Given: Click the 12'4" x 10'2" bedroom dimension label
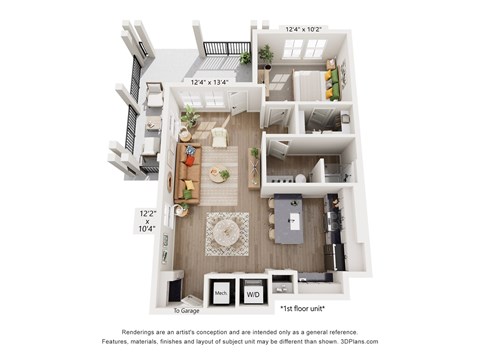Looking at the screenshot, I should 304,29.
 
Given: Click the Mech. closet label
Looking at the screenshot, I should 221,294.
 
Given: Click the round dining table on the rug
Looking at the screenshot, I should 227,231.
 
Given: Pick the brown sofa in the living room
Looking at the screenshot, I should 184,172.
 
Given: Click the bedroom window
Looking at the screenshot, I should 303,47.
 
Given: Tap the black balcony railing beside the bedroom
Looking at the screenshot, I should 226,47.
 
